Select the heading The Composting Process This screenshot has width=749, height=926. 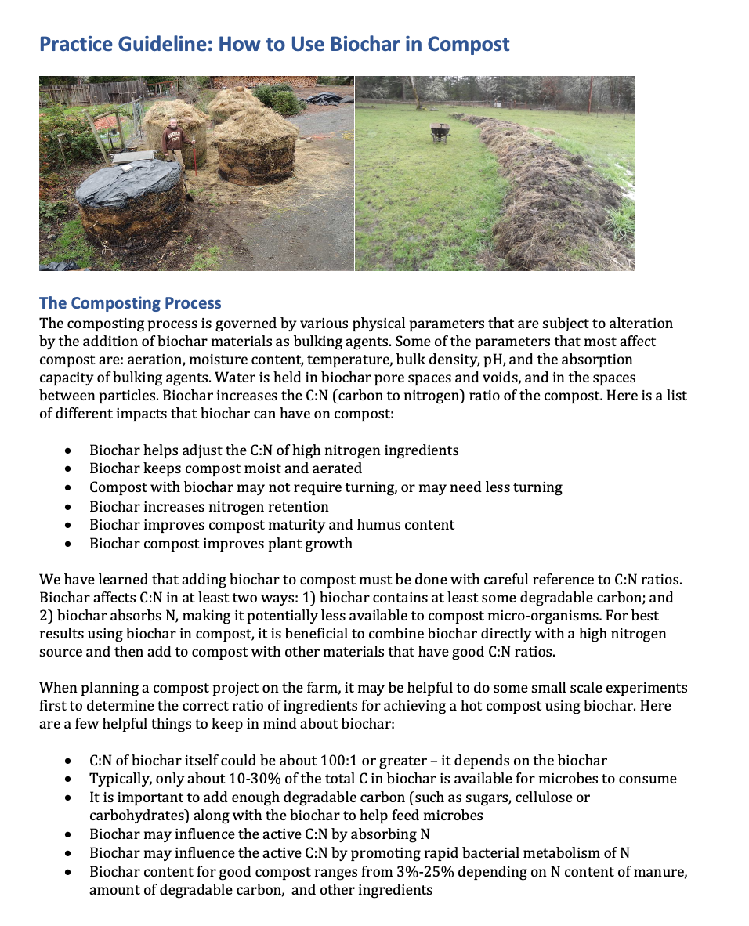[x=130, y=303]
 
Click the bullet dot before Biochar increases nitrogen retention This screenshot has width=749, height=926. [x=71, y=507]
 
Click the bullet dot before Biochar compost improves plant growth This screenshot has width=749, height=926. [x=71, y=544]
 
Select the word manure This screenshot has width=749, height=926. [x=658, y=871]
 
